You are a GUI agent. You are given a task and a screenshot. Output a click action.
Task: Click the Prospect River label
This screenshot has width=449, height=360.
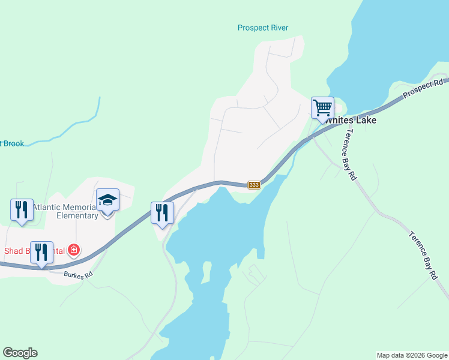[263, 28]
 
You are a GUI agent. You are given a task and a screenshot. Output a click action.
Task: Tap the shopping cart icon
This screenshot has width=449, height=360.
[322, 108]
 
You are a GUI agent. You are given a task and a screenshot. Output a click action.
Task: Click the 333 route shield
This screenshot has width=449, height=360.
[254, 185]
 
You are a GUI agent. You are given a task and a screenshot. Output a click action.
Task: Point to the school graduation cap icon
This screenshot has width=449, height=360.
[107, 199]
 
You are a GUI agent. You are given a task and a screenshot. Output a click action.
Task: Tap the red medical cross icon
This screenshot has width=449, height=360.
[74, 250]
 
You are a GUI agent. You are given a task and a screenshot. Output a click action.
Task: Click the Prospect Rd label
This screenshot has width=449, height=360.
[423, 89]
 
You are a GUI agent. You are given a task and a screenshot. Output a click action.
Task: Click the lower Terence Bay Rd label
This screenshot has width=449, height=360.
[424, 256]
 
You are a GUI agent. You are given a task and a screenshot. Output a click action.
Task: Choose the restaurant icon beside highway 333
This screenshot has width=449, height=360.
[162, 212]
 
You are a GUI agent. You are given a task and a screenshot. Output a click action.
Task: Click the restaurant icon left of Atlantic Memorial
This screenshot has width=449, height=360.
[22, 209]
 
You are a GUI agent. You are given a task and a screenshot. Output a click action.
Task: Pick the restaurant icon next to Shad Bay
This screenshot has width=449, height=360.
[41, 252]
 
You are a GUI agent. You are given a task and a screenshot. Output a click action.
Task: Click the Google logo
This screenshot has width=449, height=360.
[20, 353]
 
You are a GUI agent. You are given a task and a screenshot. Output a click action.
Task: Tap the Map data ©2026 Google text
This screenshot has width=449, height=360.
[411, 355]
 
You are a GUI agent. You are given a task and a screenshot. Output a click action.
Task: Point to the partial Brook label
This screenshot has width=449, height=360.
[11, 143]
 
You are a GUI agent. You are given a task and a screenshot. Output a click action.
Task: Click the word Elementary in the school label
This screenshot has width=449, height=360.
[77, 216]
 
